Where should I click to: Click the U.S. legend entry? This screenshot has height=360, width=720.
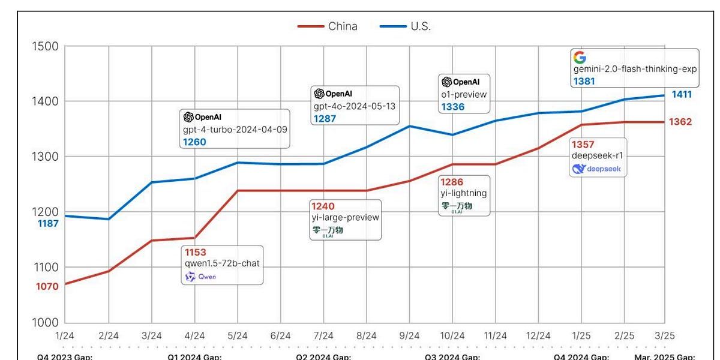(x=405, y=26)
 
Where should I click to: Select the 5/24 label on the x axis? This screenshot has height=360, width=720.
(x=238, y=335)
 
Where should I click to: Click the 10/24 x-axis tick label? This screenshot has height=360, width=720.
(x=452, y=335)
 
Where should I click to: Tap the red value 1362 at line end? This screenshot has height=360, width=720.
(x=681, y=122)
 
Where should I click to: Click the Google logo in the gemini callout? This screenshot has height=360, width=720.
(x=579, y=58)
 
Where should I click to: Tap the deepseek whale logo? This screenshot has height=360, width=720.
(x=578, y=169)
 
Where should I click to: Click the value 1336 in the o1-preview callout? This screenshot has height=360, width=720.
(x=452, y=107)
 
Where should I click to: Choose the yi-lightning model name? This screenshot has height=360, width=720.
(x=463, y=193)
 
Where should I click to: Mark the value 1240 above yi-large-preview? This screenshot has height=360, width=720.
(x=322, y=206)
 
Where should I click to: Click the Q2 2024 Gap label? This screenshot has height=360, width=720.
(x=323, y=357)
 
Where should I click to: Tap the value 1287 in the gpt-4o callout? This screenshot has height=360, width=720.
(x=324, y=119)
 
